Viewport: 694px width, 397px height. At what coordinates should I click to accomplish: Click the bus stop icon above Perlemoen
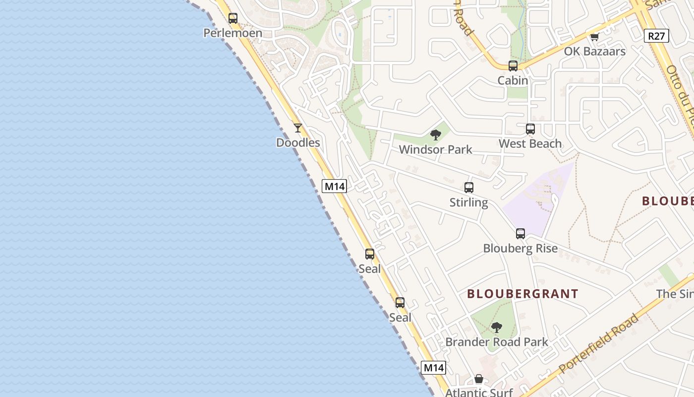[x=233, y=18]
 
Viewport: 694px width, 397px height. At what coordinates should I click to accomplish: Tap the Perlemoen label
[x=233, y=33]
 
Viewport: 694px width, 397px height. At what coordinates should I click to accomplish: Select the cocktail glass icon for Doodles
[x=298, y=128]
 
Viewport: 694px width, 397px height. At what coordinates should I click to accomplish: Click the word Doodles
[x=298, y=143]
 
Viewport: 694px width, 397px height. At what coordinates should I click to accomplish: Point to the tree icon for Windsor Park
[x=436, y=134]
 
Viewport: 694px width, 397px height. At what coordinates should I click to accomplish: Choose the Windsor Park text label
[x=436, y=149]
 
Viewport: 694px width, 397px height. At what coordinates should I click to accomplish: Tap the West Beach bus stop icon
[x=530, y=129]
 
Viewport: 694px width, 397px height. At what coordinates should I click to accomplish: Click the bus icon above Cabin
[x=513, y=66]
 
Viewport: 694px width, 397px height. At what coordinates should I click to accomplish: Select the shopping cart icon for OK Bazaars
[x=594, y=37]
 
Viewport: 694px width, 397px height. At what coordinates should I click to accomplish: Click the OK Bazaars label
[x=595, y=51]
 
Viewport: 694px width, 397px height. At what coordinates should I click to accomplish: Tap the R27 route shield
[x=657, y=36]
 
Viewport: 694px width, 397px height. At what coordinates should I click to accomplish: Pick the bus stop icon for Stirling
[x=469, y=188]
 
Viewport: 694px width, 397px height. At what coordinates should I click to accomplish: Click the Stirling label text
[x=469, y=202]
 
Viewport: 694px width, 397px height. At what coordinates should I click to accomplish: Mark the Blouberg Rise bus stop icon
[x=520, y=234]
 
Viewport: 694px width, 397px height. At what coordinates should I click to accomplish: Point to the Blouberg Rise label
[x=520, y=249]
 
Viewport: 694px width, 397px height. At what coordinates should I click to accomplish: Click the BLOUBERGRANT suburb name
[x=522, y=294]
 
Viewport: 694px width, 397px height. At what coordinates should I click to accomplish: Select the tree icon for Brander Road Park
[x=497, y=328]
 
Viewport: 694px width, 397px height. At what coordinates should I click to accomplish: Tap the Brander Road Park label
[x=497, y=342]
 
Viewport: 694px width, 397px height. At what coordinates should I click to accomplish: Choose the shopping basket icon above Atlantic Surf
[x=479, y=379]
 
